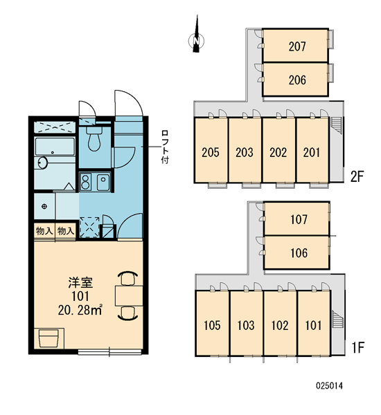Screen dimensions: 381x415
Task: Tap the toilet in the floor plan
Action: (94, 139)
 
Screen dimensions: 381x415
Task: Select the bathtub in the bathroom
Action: (55, 147)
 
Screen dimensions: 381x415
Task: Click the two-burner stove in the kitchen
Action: (85, 181)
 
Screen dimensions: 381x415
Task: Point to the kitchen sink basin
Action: (103, 181)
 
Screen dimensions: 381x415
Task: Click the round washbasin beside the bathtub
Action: (42, 163)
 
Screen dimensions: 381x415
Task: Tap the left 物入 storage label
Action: (44, 231)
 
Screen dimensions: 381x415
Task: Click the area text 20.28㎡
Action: (80, 310)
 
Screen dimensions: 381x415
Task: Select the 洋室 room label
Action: (80, 282)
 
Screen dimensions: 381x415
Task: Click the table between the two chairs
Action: (129, 295)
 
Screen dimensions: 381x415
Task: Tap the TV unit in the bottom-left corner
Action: (49, 338)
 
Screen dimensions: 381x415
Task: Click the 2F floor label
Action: (357, 176)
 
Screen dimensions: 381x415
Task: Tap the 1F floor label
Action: (357, 347)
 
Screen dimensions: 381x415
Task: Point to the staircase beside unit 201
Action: (336, 126)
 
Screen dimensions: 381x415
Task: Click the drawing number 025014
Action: (329, 386)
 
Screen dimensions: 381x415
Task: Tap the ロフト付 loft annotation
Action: (165, 147)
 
